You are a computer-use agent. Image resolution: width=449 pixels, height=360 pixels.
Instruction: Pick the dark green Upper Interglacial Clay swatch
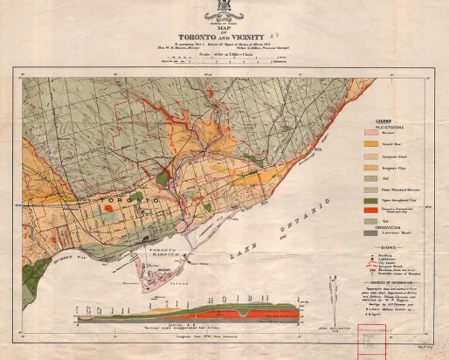370,200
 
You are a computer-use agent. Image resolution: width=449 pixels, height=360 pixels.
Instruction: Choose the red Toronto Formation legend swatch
370,211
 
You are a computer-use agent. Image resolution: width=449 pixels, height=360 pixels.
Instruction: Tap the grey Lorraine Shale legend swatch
370,232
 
